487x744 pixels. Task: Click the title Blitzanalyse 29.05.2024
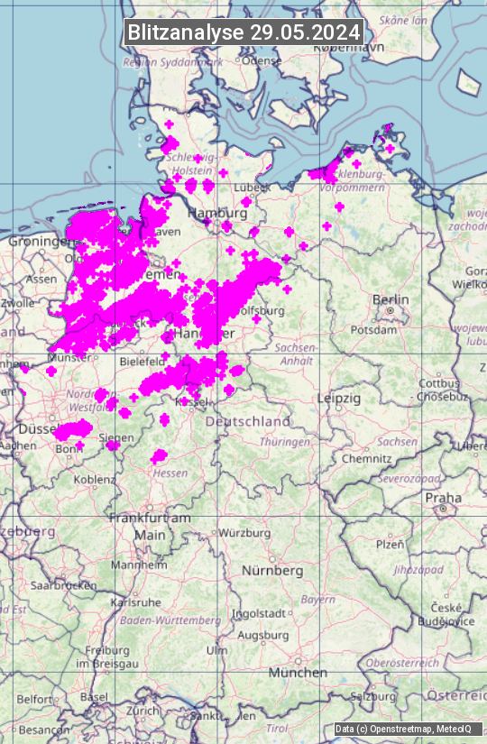(x=244, y=32)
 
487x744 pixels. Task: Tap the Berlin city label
(x=391, y=299)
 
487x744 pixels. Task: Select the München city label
(x=297, y=673)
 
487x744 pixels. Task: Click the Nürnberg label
(x=272, y=571)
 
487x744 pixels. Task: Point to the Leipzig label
(x=339, y=398)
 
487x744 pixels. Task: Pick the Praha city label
(x=444, y=498)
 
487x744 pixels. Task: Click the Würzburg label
(x=244, y=533)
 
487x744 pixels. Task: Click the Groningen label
(x=41, y=242)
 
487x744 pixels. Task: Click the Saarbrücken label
(x=63, y=584)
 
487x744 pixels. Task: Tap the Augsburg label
(x=262, y=635)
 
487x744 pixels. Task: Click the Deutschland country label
(x=248, y=421)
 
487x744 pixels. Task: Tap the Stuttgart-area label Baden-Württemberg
(x=170, y=620)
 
